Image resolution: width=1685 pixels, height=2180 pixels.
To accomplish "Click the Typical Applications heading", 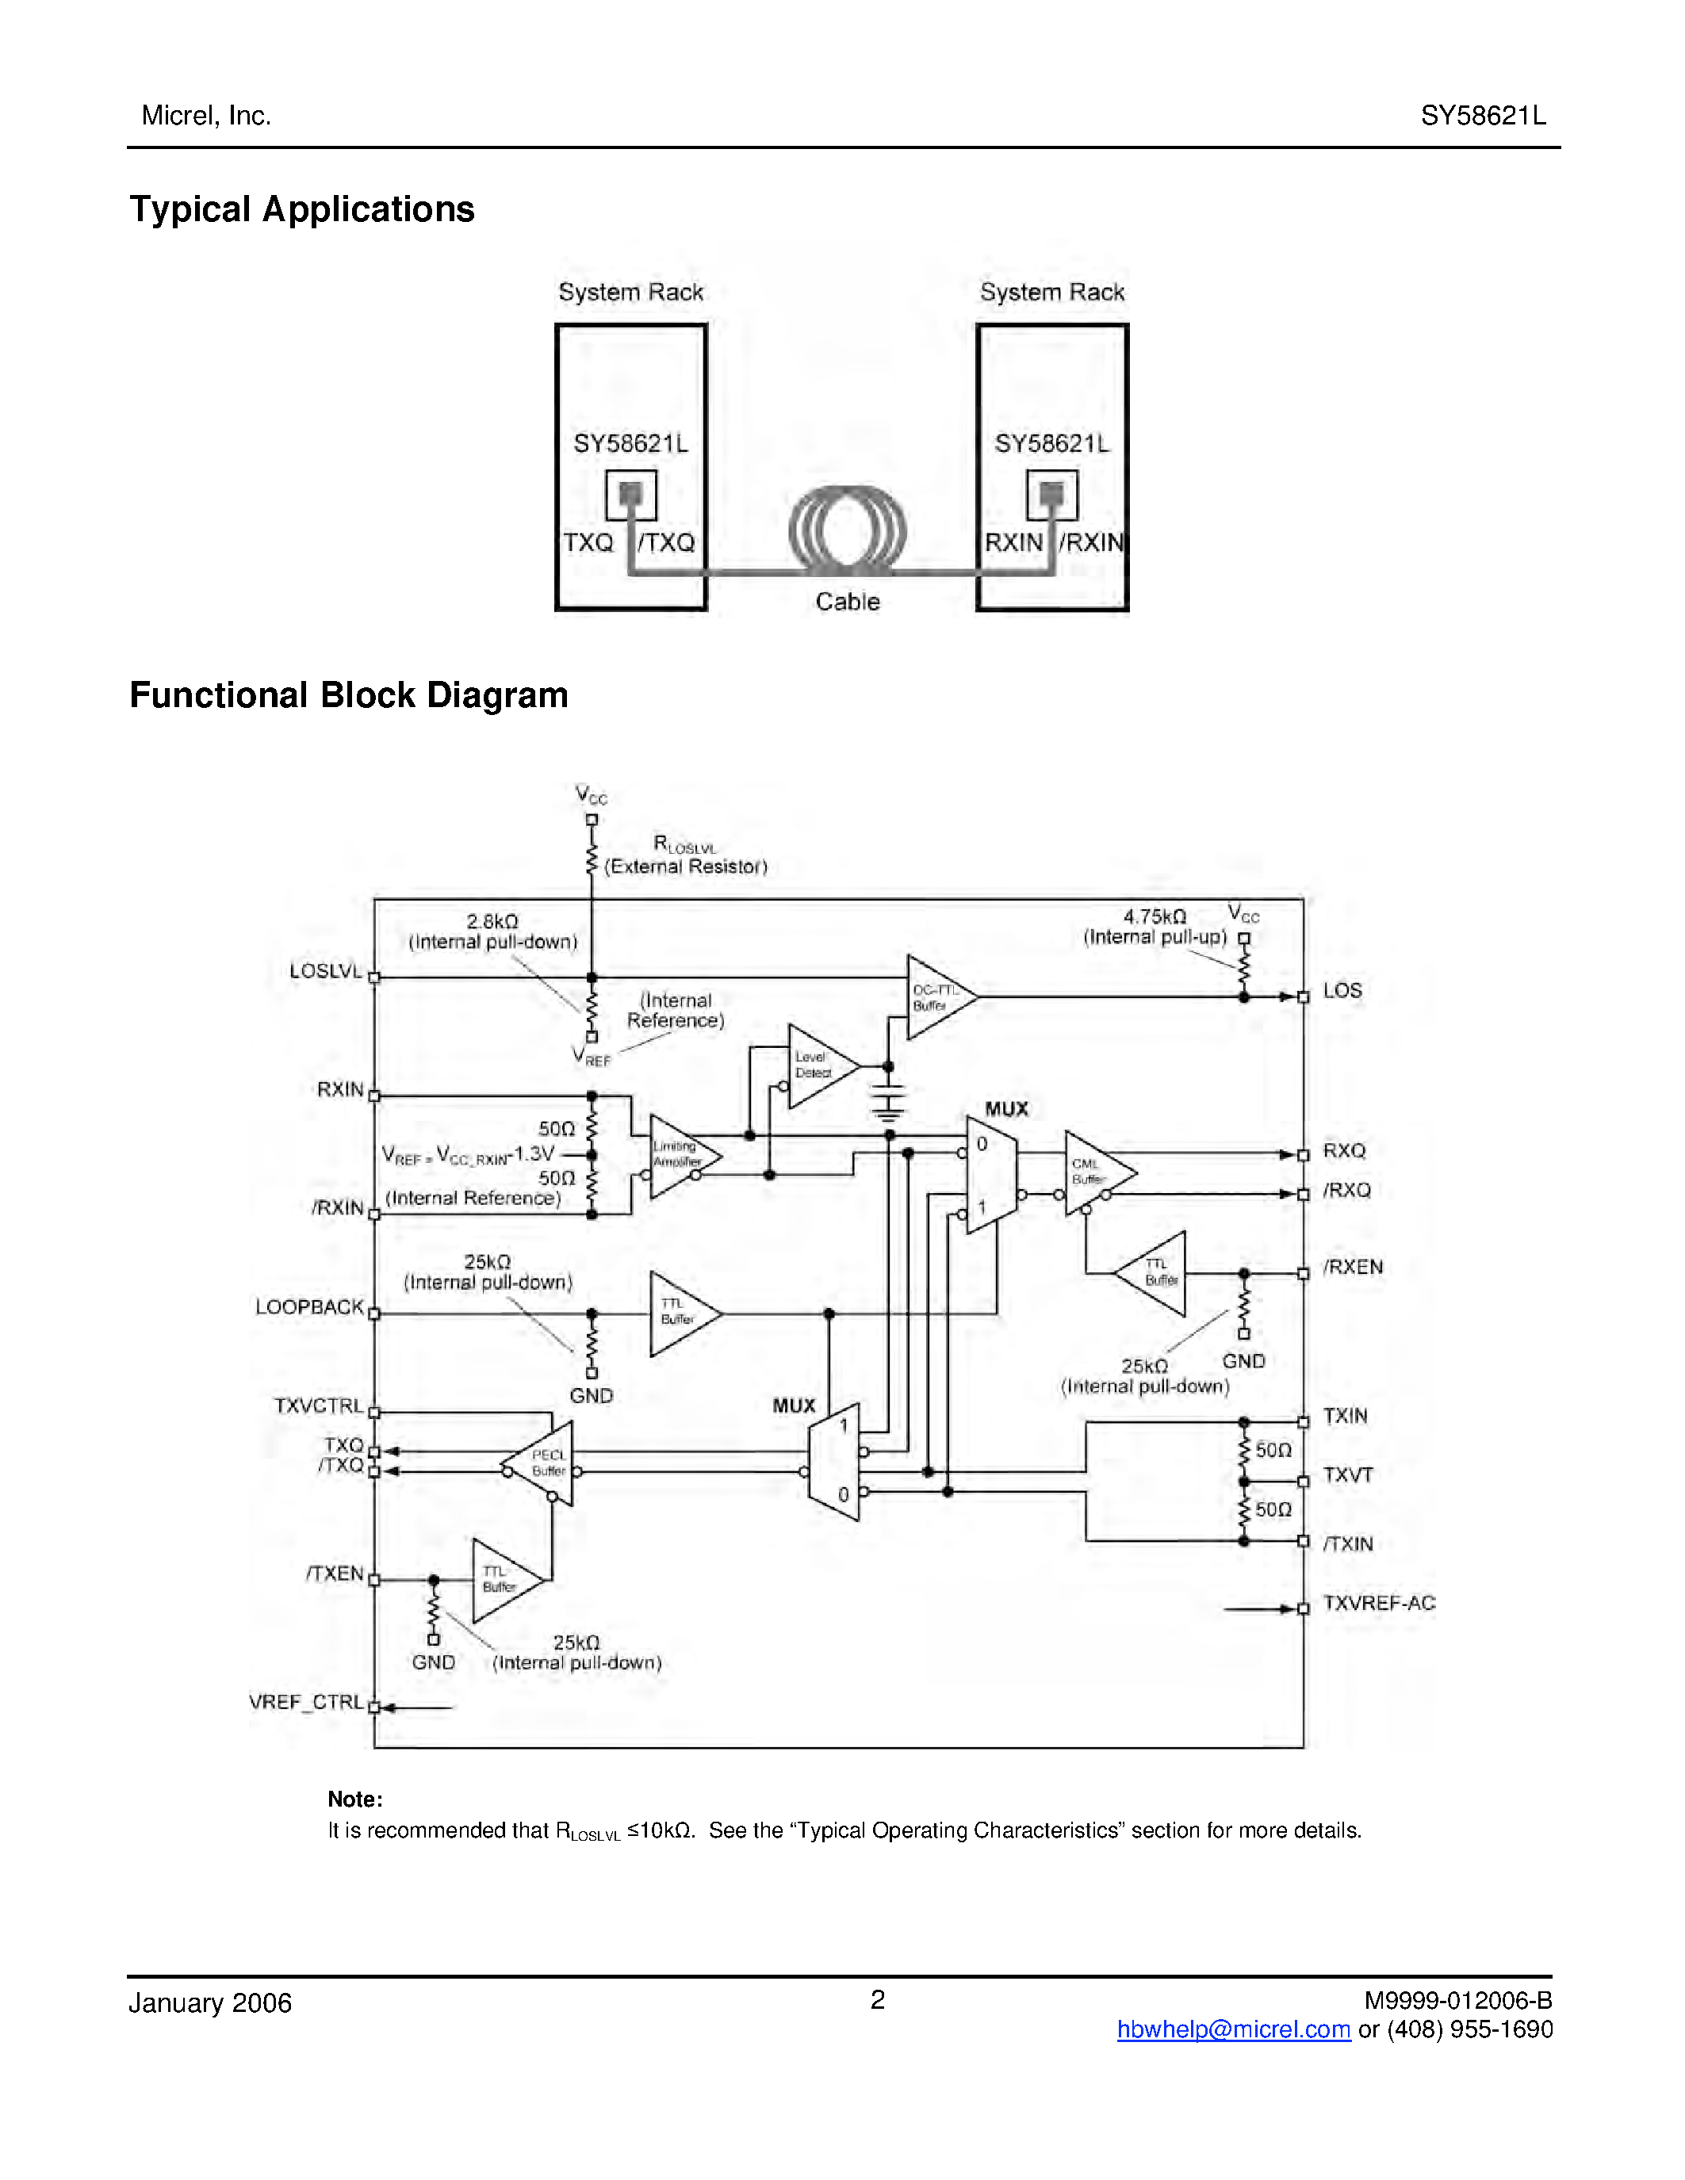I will (x=301, y=209).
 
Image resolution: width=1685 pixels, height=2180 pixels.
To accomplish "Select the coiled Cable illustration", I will (x=847, y=531).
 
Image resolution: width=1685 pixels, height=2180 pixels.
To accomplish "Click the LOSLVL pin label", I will (x=325, y=970).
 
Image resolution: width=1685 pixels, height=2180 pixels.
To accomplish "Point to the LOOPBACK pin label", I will (x=309, y=1306).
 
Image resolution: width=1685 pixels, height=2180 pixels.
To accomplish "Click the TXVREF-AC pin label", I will (x=1379, y=1603).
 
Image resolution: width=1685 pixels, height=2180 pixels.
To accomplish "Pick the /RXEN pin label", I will (x=1353, y=1267).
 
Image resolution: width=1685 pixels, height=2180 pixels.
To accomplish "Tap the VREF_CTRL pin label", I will (x=306, y=1702).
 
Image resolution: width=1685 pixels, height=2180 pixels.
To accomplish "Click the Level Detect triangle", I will (x=818, y=1065).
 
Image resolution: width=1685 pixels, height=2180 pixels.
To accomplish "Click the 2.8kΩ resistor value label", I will (x=492, y=921).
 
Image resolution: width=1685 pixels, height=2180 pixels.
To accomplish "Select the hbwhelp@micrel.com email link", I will (x=1233, y=2029).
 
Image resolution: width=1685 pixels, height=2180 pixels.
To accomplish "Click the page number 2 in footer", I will (x=878, y=1999).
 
